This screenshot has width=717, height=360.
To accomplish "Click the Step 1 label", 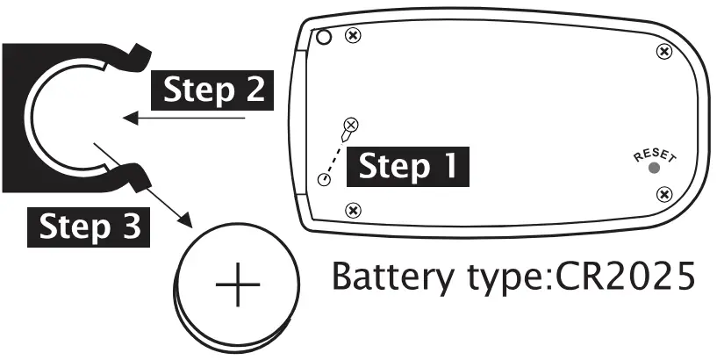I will [407, 166].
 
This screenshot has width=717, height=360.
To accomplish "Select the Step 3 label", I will [90, 227].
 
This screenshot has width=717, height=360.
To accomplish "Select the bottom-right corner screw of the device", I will [664, 193].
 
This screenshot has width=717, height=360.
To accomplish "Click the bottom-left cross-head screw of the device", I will [354, 210].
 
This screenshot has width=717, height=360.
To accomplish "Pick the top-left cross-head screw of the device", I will [354, 35].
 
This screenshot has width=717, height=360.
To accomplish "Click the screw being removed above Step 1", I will [352, 126].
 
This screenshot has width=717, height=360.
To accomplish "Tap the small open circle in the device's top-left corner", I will [324, 36].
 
